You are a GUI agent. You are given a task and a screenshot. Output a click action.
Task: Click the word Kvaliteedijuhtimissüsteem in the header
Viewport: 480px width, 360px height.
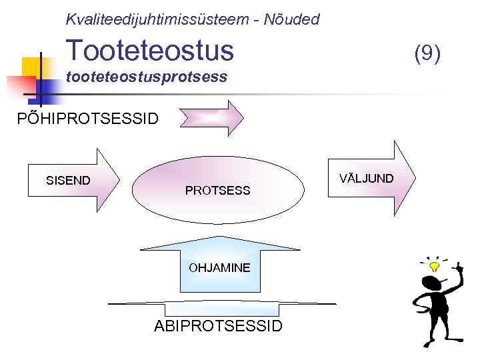point(157,19)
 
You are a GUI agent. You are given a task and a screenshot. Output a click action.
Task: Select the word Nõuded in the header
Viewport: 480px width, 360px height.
point(291,19)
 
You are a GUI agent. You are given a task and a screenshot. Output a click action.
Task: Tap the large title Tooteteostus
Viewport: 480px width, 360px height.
point(150,50)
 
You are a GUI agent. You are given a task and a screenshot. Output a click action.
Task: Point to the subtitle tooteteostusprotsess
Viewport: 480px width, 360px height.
point(147,77)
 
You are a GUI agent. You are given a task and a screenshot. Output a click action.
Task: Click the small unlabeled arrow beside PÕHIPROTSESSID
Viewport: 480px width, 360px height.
point(212,118)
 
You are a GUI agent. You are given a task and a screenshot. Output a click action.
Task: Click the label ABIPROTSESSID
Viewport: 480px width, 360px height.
point(218,326)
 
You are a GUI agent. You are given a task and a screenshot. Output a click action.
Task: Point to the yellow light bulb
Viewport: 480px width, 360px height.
point(435,266)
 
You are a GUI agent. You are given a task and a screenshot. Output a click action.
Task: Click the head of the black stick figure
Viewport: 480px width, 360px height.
point(432,283)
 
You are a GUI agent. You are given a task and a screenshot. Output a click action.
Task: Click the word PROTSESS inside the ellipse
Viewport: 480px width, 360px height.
point(217,191)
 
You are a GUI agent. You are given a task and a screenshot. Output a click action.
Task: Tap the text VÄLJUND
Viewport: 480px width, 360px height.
point(366,178)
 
